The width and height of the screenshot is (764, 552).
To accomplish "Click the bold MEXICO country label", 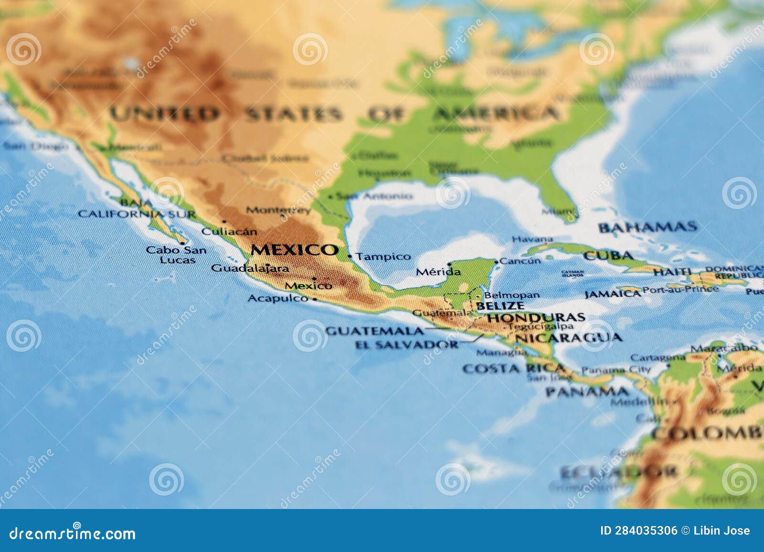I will click(294, 250).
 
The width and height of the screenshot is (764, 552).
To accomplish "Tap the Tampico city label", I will click(383, 257).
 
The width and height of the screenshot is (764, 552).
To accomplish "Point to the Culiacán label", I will click(229, 232).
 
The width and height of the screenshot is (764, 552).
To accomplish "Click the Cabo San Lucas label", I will click(177, 255).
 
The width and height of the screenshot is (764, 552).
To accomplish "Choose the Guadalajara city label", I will click(250, 268).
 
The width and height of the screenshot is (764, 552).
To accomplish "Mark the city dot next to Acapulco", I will click(314, 299).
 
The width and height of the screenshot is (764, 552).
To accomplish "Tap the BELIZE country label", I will click(500, 306).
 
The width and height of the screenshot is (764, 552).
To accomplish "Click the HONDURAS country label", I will click(536, 317).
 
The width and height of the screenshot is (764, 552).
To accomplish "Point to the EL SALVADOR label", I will click(407, 344).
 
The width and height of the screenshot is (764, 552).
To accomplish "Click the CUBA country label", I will click(608, 256).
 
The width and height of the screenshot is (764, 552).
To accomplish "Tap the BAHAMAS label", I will click(647, 227).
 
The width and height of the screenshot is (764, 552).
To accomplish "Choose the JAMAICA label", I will click(612, 294).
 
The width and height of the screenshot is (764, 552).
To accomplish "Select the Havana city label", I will click(532, 239).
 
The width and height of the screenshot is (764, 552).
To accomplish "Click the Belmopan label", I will click(512, 296).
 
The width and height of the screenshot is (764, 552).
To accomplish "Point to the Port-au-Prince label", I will click(680, 289).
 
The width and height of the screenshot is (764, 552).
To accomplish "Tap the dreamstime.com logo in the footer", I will click(73, 533).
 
